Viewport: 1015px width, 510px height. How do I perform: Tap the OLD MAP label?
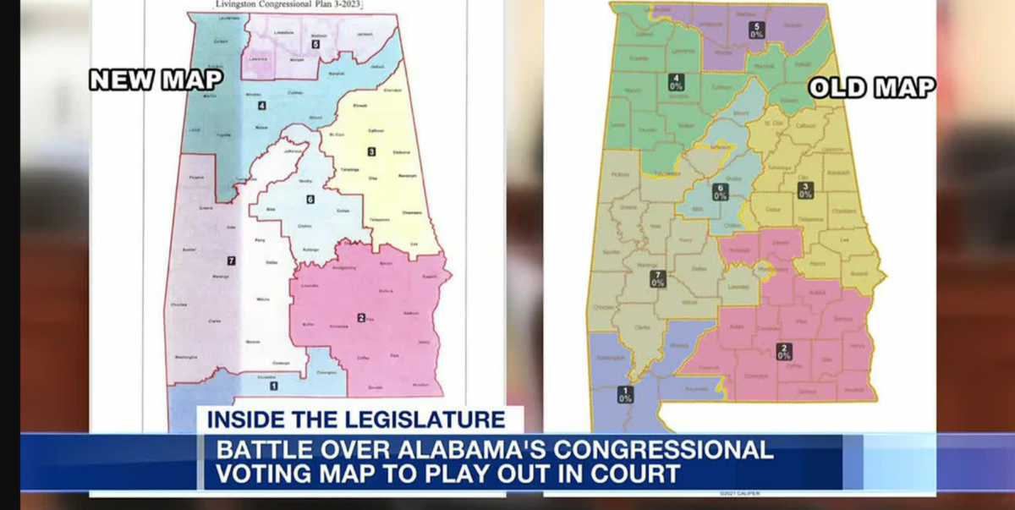[872, 87]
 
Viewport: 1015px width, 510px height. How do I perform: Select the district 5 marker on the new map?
[315, 44]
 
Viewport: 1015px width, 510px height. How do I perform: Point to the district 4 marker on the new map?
[262, 106]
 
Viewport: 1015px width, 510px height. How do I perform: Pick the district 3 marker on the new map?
[371, 151]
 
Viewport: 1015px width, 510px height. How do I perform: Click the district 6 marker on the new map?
[310, 200]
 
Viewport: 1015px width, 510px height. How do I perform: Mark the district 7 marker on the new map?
[230, 260]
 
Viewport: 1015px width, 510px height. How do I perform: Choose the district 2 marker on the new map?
[361, 318]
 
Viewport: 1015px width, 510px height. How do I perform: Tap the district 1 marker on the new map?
[273, 386]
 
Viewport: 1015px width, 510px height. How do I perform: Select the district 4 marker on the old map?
[677, 82]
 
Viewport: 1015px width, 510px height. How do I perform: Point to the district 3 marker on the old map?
[805, 190]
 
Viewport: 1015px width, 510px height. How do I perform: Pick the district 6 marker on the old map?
[720, 192]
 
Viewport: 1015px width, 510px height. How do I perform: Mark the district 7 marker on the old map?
[657, 279]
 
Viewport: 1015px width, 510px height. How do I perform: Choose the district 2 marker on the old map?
[784, 351]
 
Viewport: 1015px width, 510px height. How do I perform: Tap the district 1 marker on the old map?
[625, 393]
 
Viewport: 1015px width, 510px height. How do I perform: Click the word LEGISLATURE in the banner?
[427, 420]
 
